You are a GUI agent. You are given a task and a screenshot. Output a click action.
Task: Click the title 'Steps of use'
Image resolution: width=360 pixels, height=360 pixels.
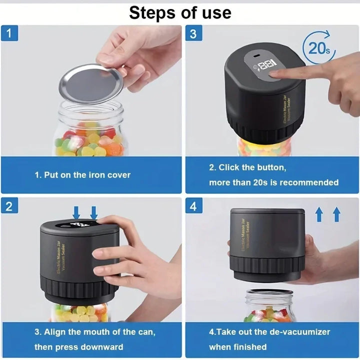[x=180, y=12]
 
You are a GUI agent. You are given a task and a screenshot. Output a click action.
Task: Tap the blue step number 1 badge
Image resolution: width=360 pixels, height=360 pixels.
[x=9, y=34]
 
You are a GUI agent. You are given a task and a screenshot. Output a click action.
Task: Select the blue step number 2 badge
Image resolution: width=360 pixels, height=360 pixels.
[x=9, y=206]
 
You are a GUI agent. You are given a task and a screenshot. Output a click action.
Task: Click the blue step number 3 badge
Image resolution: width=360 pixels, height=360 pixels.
[x=193, y=34]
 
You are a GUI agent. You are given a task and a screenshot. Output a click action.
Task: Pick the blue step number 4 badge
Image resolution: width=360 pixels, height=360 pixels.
[x=193, y=206]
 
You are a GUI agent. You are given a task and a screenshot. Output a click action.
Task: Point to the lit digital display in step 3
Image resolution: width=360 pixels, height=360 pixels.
[x=264, y=64]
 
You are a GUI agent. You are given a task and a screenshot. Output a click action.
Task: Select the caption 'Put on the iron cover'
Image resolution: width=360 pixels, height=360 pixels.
[x=82, y=175]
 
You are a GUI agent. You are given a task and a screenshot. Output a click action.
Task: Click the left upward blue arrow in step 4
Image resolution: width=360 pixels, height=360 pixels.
[x=319, y=214]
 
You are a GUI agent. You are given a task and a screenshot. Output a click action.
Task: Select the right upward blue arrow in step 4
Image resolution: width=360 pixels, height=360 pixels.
[x=336, y=214]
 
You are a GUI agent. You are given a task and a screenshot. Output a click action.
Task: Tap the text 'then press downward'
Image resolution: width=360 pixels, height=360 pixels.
[x=78, y=346]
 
